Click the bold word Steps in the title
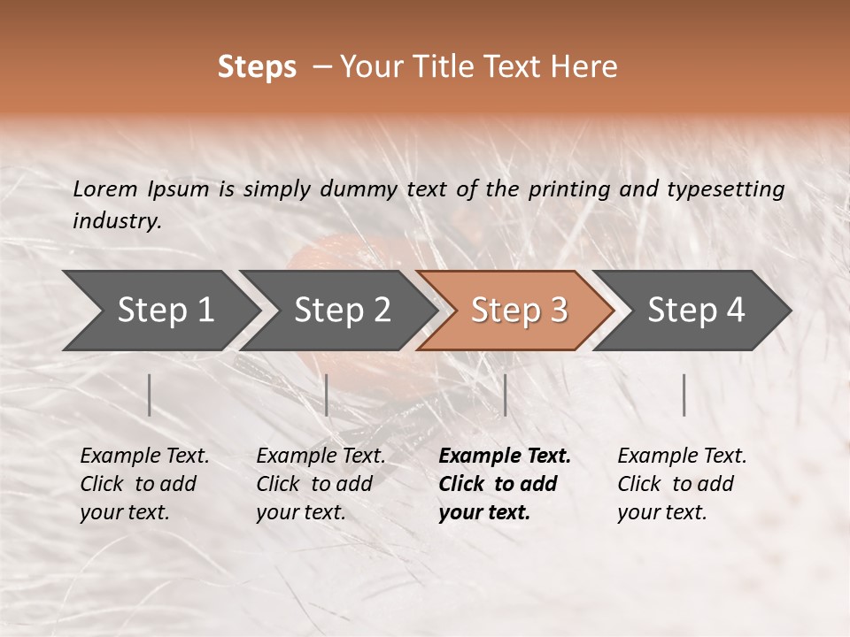coord(257,67)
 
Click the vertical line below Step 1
coord(150,395)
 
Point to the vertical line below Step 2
coord(327,395)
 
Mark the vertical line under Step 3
coord(505,395)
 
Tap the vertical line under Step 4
coord(684,395)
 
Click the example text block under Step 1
coord(144,484)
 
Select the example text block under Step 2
coord(321,484)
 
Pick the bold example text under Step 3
coord(504,484)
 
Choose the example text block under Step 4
coord(682,484)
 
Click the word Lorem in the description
coord(105,189)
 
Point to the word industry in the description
coord(117,221)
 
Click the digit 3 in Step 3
coord(558,311)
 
